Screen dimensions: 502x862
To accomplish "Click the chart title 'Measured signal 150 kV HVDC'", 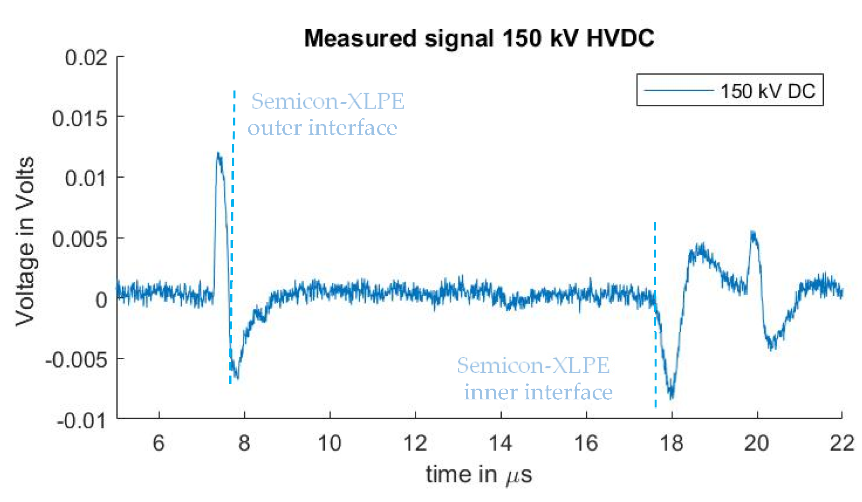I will [x=479, y=39].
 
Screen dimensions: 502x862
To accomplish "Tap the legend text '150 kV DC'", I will [x=768, y=91].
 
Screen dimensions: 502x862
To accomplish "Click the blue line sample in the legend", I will [x=679, y=90].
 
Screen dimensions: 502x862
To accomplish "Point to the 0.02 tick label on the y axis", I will [x=86, y=58].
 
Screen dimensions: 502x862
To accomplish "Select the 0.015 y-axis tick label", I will [x=80, y=119].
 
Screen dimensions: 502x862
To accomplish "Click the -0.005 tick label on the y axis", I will [x=77, y=360].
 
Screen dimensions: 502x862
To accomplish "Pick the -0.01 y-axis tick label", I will [x=82, y=421].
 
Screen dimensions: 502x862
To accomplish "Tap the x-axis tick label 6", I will [x=159, y=443].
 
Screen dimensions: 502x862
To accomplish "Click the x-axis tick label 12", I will [x=415, y=443].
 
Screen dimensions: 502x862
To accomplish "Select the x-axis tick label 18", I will [x=671, y=443].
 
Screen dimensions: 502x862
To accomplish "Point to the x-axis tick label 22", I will [x=842, y=443].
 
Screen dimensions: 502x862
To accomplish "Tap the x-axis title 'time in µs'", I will [x=479, y=475].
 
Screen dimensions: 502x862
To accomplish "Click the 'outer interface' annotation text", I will [x=322, y=128].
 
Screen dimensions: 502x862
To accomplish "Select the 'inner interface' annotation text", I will [x=538, y=392].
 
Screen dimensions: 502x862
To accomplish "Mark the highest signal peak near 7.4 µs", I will [x=218, y=154].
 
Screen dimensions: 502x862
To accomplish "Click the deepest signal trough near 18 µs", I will [x=672, y=397].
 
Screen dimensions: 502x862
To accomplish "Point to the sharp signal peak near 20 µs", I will [x=752, y=232].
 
